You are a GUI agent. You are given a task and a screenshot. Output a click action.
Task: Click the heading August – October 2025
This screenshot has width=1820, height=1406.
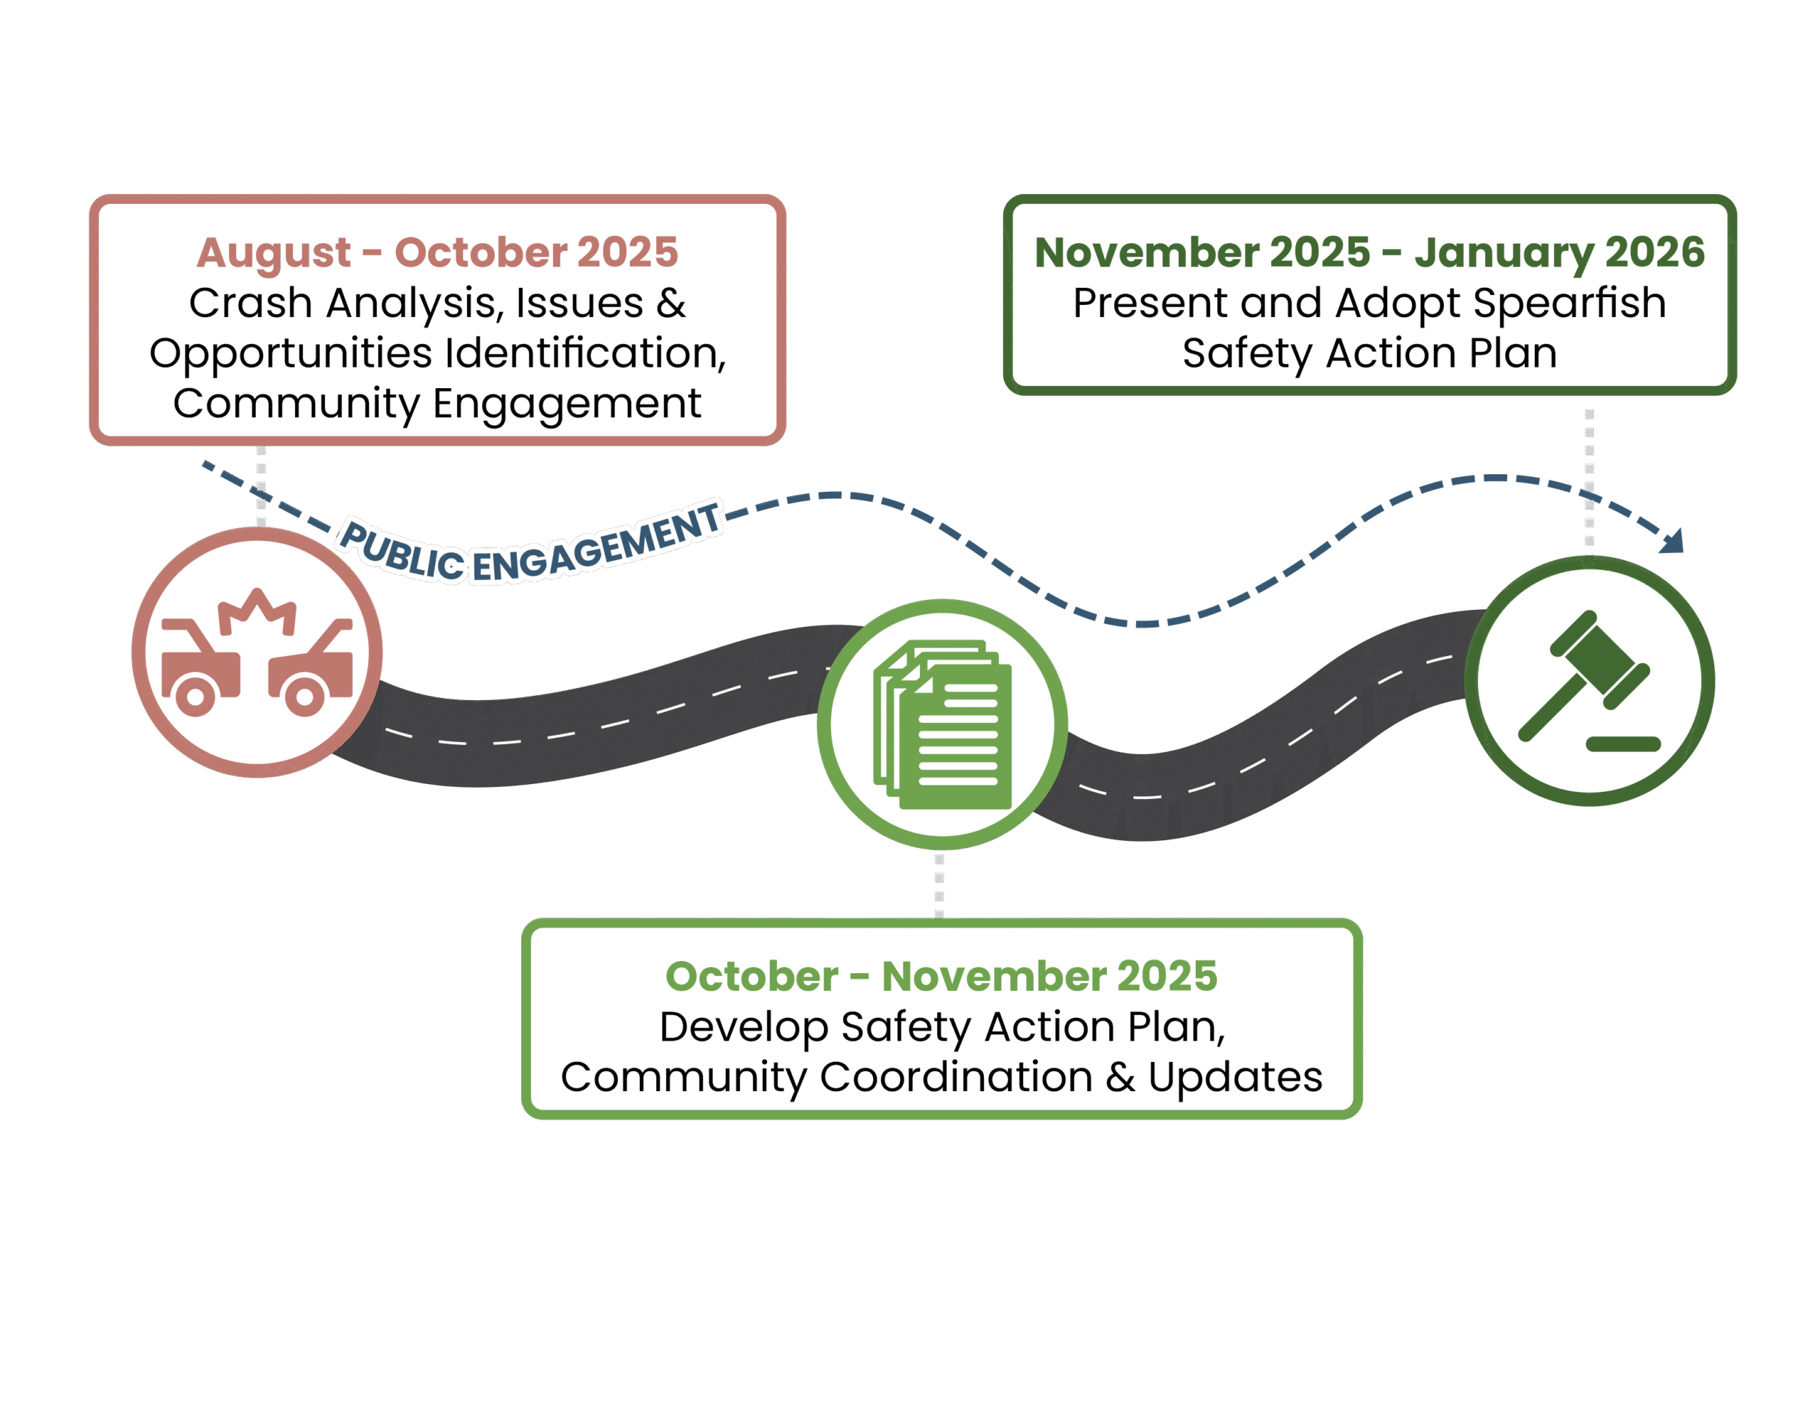(437, 252)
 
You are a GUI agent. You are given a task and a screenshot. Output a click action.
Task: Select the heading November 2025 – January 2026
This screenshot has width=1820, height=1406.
(1369, 252)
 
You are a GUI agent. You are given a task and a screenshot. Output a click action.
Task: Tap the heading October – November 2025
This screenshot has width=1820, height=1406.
(941, 976)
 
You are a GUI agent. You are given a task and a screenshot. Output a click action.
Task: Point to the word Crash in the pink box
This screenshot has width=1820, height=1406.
(251, 304)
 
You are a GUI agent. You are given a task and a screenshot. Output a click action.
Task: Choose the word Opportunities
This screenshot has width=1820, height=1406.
(290, 353)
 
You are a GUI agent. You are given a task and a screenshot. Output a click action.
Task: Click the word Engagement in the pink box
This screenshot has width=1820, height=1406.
(567, 404)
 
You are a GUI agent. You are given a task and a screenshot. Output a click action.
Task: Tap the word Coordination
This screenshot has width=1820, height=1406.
(955, 1077)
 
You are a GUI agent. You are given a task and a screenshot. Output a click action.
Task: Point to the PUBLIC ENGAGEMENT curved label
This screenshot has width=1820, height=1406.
(530, 545)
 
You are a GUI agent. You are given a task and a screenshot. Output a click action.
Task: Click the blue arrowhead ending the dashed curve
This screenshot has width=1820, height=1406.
(1674, 542)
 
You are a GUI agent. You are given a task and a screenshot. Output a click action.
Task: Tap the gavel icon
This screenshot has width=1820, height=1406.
(1588, 680)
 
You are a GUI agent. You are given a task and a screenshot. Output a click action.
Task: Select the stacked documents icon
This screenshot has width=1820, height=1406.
(942, 724)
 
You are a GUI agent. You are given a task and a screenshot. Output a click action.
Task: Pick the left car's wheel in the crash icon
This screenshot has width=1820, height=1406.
(195, 696)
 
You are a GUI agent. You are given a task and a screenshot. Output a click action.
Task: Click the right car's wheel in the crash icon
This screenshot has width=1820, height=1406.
(304, 696)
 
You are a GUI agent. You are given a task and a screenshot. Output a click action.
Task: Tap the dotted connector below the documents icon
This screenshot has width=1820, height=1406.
(939, 885)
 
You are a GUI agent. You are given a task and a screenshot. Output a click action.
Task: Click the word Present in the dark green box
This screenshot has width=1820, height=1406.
(1149, 304)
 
